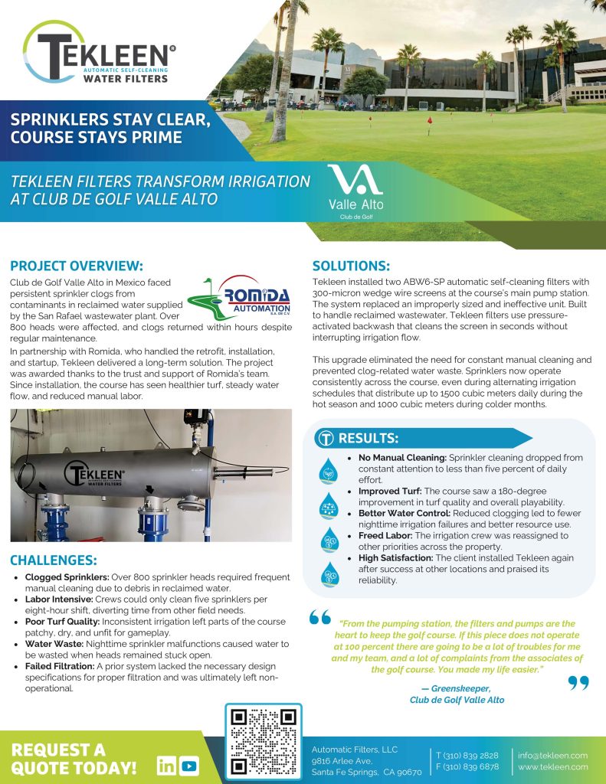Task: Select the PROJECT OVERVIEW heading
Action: (77, 266)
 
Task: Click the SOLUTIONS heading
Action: (352, 266)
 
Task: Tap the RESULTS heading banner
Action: (368, 439)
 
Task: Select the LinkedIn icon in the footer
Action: (165, 765)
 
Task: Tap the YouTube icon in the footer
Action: (188, 765)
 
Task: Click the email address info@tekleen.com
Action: (552, 755)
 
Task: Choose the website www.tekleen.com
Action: (552, 766)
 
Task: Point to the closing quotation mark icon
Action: (578, 681)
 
